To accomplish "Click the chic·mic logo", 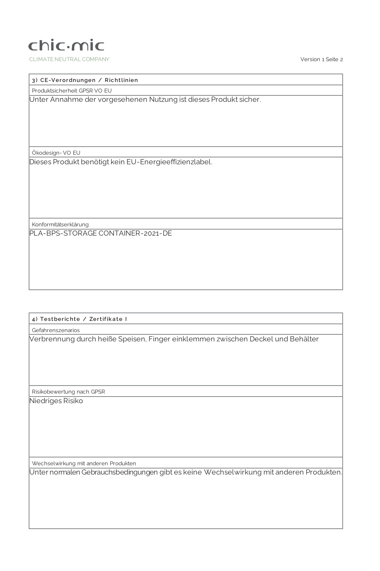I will coord(66,46).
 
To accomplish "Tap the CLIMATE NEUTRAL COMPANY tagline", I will coord(69,59).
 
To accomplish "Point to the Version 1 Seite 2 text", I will coord(321,59).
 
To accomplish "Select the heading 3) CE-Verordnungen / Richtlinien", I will coord(85,80).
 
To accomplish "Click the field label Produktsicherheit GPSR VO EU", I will coord(72,91).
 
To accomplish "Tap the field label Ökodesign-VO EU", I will coord(56,153).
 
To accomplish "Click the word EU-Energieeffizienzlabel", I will coord(169,162).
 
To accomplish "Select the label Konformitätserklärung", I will coord(60,224).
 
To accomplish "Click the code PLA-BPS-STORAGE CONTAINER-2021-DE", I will coord(101,233).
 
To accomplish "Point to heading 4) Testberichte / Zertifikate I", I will coord(79,319).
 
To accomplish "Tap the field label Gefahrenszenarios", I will coord(56,330).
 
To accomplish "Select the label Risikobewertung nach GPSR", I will coord(68,392).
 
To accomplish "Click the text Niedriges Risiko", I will coord(56,401).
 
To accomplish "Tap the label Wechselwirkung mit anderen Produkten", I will coord(84,463).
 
